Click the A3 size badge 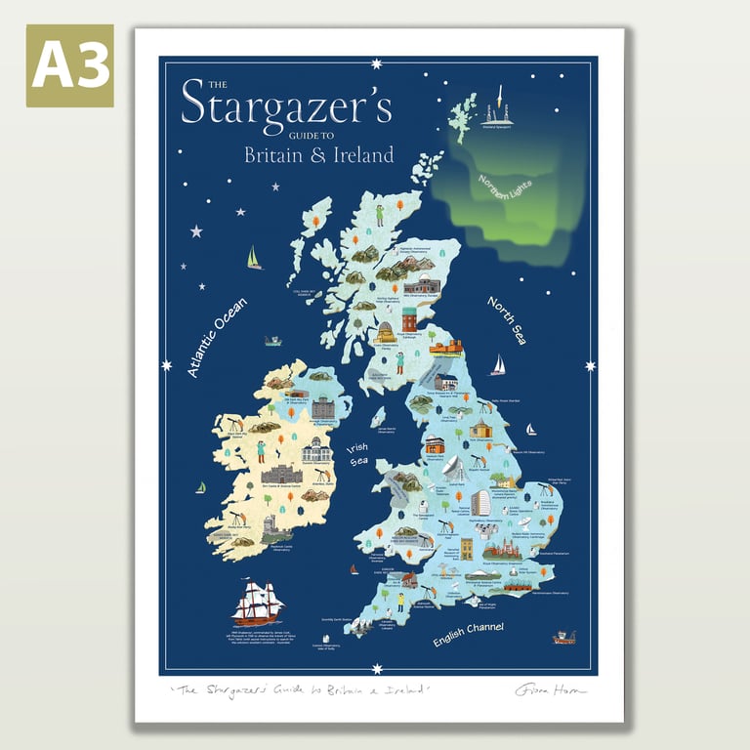click(x=69, y=65)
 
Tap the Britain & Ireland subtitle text click(x=318, y=154)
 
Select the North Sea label click(x=507, y=320)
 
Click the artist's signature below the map click(x=550, y=689)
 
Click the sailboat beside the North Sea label click(x=498, y=364)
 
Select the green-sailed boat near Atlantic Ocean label click(x=254, y=258)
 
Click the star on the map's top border click(x=377, y=65)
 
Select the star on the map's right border click(x=590, y=366)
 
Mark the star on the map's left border click(x=166, y=366)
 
